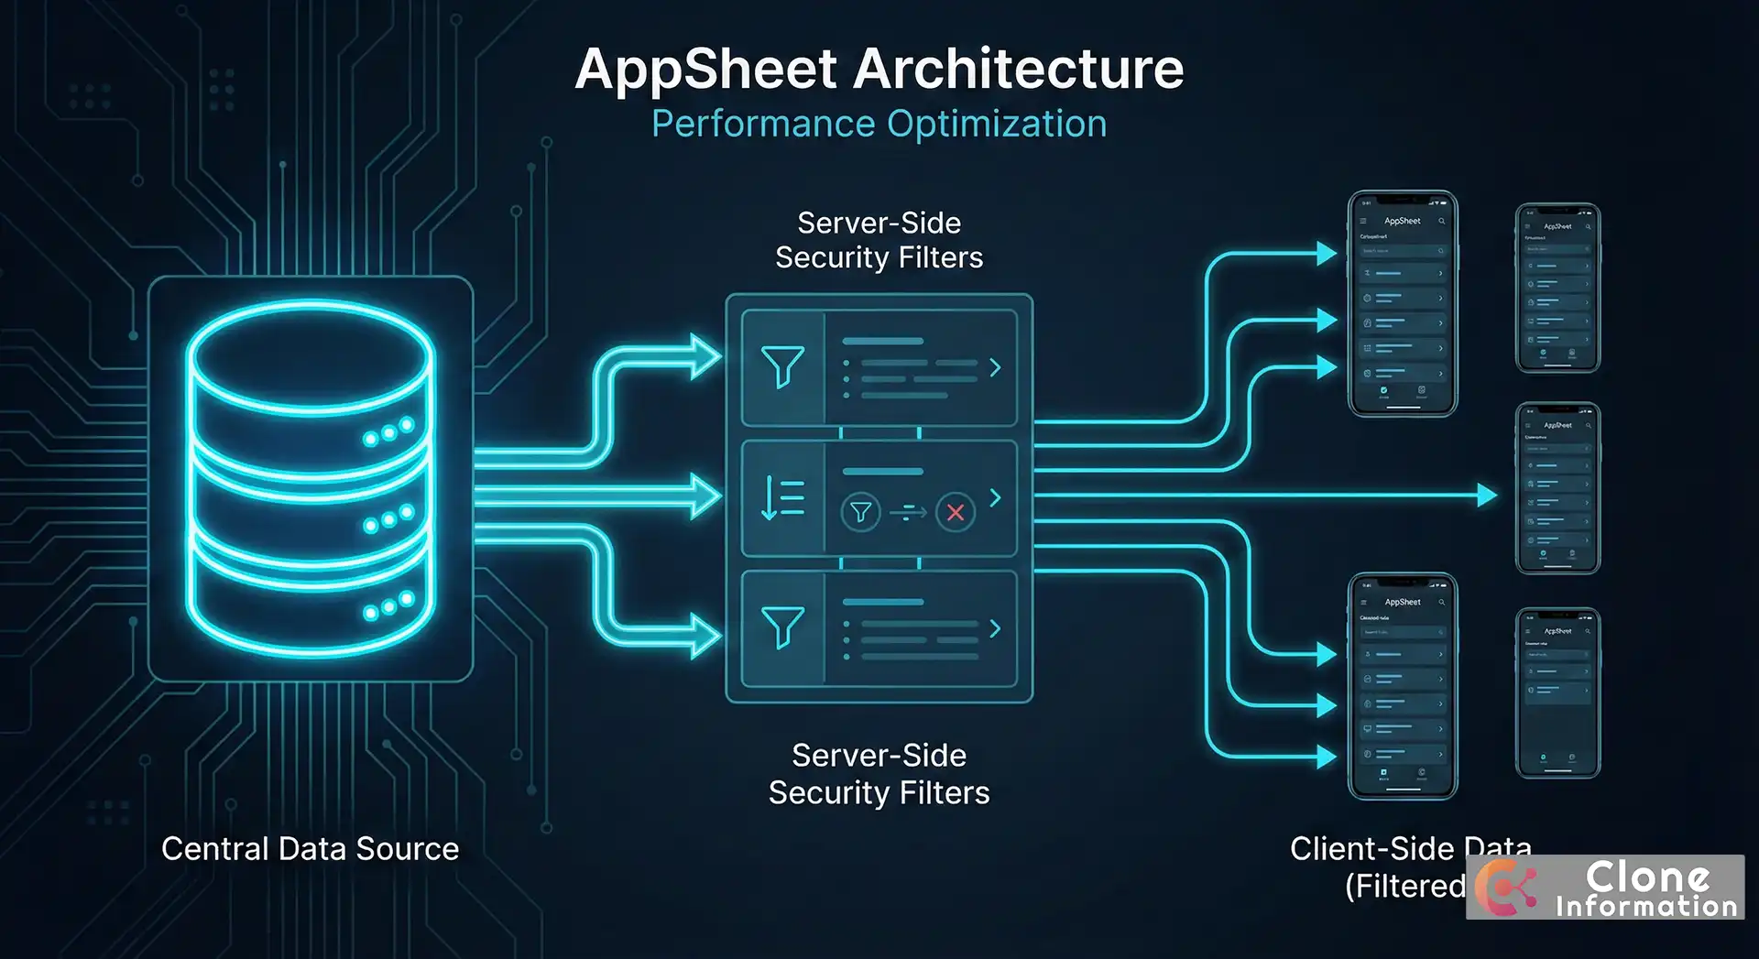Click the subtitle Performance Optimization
pyautogui.click(x=879, y=124)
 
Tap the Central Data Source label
pyautogui.click(x=310, y=849)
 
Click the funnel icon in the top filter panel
pyautogui.click(x=782, y=366)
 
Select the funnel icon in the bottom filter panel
pyautogui.click(x=782, y=627)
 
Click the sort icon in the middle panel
pyautogui.click(x=782, y=498)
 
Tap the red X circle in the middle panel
pyautogui.click(x=955, y=512)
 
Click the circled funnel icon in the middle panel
pyautogui.click(x=860, y=512)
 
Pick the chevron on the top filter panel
pyautogui.click(x=996, y=367)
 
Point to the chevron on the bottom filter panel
pyautogui.click(x=996, y=628)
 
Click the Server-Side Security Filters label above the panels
pyautogui.click(x=879, y=240)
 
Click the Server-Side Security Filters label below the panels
pyautogui.click(x=879, y=774)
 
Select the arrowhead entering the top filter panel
pyautogui.click(x=706, y=357)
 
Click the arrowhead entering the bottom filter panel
pyautogui.click(x=706, y=636)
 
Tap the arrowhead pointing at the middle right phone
pyautogui.click(x=1487, y=496)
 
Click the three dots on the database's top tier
pyautogui.click(x=388, y=432)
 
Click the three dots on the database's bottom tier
pyautogui.click(x=388, y=606)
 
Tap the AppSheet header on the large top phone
pyautogui.click(x=1402, y=221)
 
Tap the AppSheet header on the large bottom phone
pyautogui.click(x=1402, y=602)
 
